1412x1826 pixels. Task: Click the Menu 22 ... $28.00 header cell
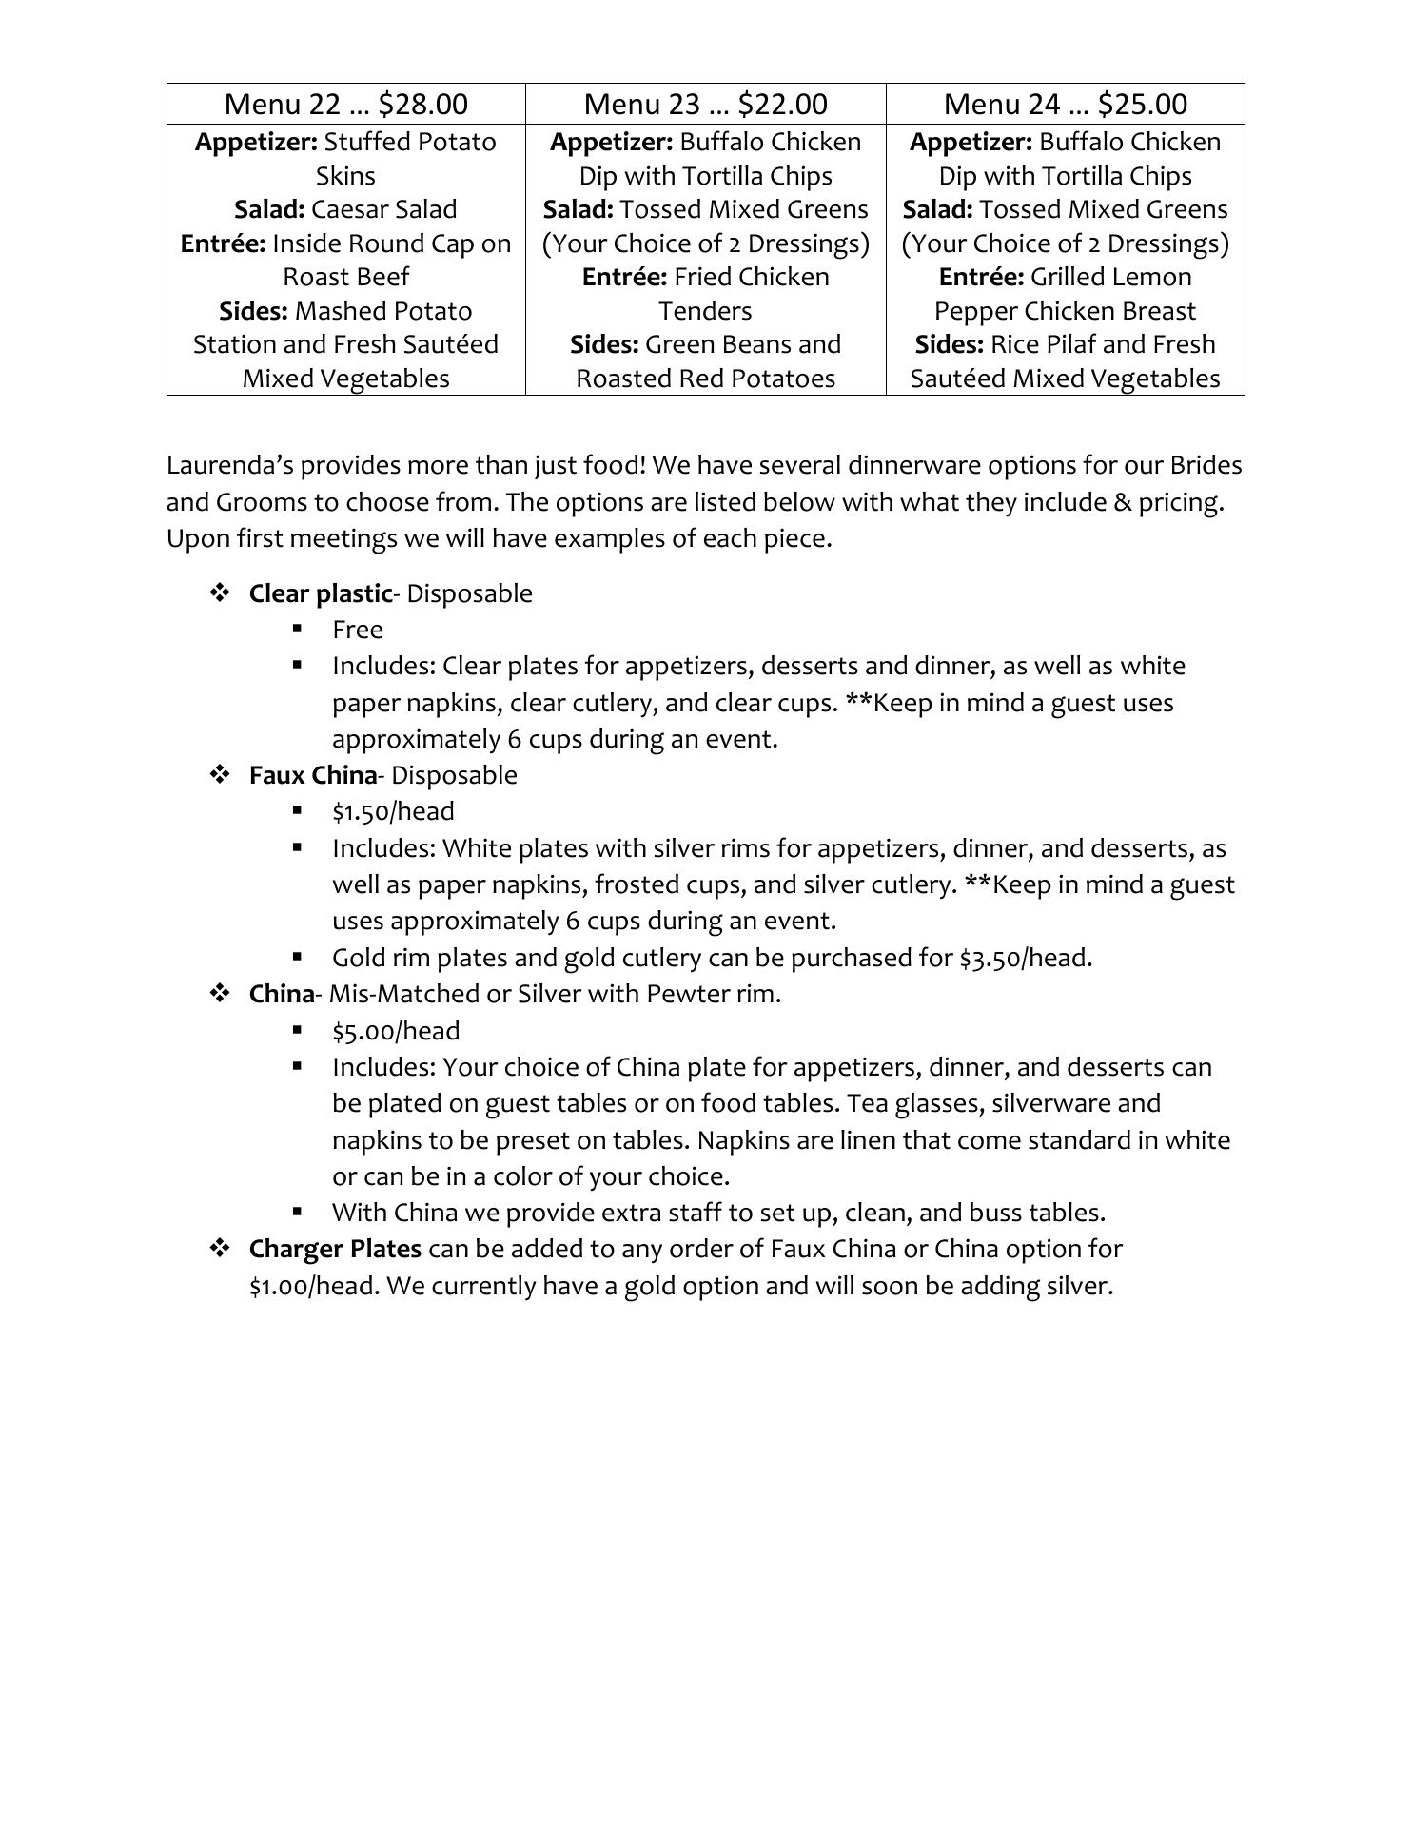[x=345, y=104]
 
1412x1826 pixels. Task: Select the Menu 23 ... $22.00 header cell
[x=705, y=104]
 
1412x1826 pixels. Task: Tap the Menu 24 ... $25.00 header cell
[x=1065, y=104]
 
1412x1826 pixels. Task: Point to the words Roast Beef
[x=345, y=277]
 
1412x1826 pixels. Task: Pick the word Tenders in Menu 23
[x=705, y=311]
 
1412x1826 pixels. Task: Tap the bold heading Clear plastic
[x=320, y=593]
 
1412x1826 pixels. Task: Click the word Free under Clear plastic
[x=358, y=630]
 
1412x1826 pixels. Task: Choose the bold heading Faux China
[x=313, y=775]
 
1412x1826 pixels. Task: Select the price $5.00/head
[x=396, y=1031]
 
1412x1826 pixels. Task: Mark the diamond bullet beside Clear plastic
[x=220, y=593]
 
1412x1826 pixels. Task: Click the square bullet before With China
[x=298, y=1212]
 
